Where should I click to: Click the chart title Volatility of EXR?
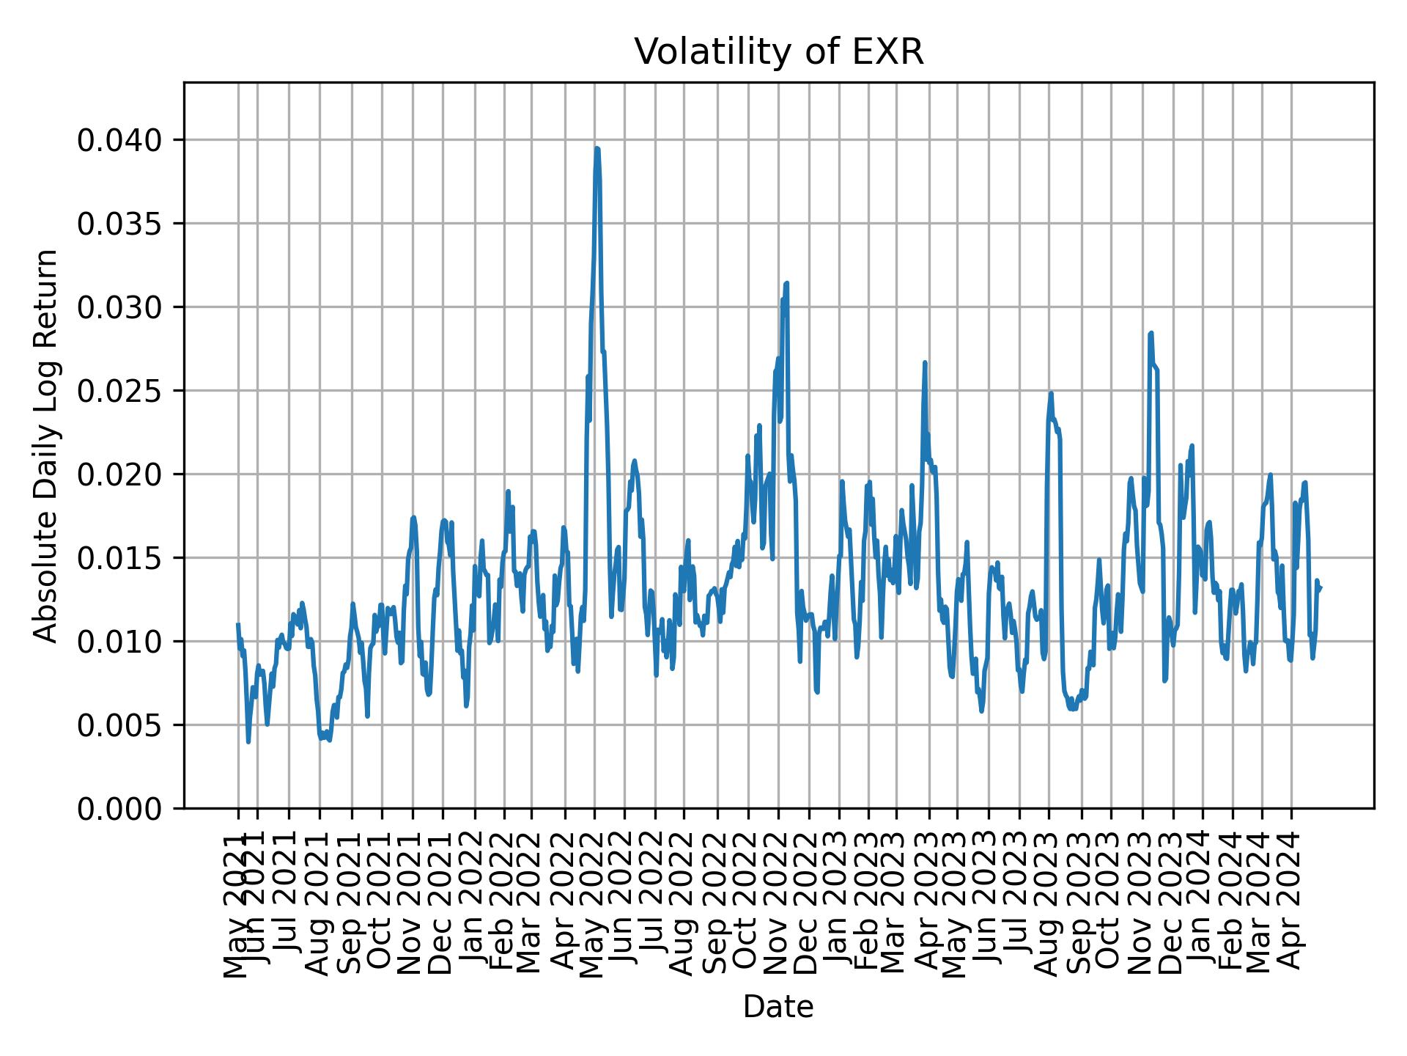pyautogui.click(x=778, y=53)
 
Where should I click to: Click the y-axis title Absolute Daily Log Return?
pyautogui.click(x=47, y=446)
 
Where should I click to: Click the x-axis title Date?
pyautogui.click(x=778, y=1008)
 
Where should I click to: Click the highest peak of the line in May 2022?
pyautogui.click(x=597, y=149)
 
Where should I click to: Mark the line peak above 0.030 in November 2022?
pyautogui.click(x=786, y=283)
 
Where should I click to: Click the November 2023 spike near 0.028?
pyautogui.click(x=1151, y=333)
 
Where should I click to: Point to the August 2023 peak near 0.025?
pyautogui.click(x=1051, y=393)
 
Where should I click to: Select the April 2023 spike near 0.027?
pyautogui.click(x=925, y=362)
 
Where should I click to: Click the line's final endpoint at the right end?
pyautogui.click(x=1321, y=587)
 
